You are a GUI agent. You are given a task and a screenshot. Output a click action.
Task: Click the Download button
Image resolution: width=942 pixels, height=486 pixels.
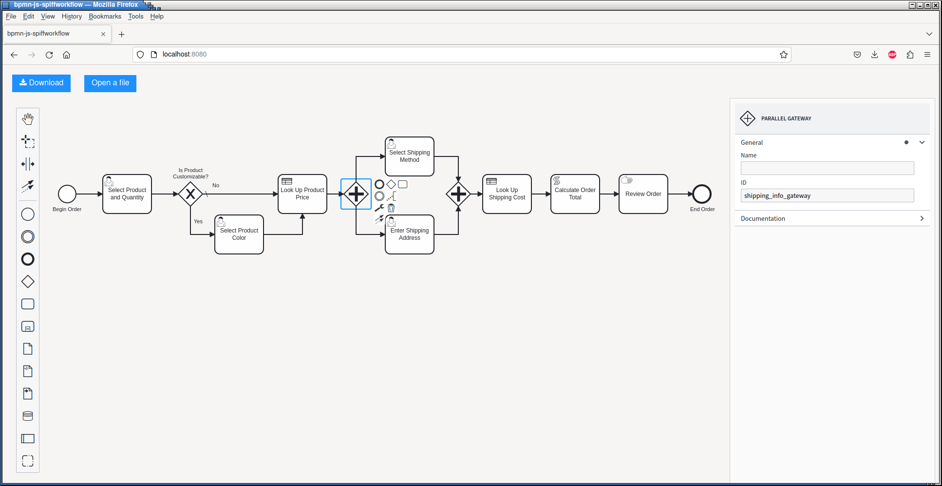(41, 83)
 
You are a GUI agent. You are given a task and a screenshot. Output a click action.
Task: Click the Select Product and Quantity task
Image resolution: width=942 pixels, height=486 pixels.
(127, 194)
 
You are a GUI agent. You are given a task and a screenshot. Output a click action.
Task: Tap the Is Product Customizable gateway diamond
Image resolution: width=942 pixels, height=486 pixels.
(190, 194)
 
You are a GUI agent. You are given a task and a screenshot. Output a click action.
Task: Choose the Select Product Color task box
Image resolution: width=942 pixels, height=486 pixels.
(239, 234)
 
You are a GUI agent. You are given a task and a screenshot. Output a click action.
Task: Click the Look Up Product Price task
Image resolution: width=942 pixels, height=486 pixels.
(302, 194)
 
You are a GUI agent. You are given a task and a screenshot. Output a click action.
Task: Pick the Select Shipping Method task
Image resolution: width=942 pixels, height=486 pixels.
(410, 156)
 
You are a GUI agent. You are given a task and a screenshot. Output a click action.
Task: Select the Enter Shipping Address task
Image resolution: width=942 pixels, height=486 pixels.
(410, 234)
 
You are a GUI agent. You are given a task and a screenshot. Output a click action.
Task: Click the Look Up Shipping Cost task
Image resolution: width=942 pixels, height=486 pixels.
(507, 194)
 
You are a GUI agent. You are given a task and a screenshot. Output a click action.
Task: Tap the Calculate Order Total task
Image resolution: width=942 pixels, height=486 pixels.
(575, 194)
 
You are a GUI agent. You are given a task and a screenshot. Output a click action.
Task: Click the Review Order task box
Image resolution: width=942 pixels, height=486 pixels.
(643, 194)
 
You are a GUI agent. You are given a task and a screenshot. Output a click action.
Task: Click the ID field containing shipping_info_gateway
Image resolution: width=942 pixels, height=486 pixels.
(827, 195)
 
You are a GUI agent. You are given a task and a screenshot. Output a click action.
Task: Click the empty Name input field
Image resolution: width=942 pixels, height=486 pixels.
(827, 168)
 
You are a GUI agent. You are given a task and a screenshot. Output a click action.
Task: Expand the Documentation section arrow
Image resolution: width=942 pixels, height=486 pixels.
(922, 218)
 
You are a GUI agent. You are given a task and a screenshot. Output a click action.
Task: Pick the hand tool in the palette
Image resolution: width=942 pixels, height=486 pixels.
(28, 119)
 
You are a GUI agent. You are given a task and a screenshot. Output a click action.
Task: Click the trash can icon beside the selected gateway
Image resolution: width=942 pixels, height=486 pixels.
(391, 208)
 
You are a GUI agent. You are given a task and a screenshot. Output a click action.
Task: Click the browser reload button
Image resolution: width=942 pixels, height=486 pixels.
(49, 55)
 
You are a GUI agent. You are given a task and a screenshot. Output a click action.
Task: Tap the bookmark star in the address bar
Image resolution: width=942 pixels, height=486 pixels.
(784, 55)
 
